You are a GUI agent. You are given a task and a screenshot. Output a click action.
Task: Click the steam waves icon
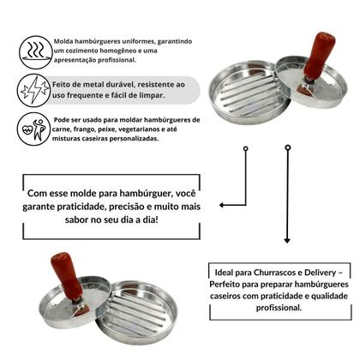coord(34,47)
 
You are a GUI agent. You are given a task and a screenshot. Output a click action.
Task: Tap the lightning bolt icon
coord(34,88)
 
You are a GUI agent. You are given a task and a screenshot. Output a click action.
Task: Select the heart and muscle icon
coord(33,129)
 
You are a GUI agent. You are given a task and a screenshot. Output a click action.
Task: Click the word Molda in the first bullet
coord(63,39)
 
